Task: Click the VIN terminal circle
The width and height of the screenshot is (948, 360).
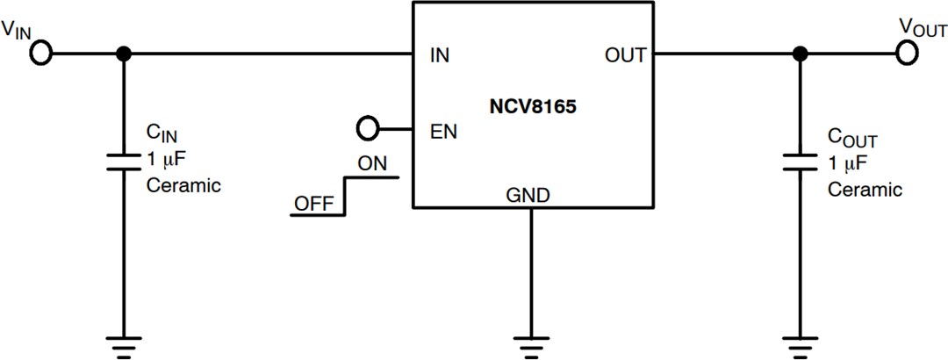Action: [x=40, y=54]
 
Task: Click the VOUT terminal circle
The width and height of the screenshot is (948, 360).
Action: [x=908, y=54]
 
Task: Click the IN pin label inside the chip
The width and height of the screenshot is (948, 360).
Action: [x=440, y=55]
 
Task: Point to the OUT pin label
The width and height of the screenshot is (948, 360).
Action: [x=625, y=55]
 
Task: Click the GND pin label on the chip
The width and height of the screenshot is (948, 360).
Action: [x=528, y=196]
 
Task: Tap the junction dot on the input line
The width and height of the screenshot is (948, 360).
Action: [x=124, y=54]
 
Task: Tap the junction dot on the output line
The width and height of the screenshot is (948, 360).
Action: [x=799, y=54]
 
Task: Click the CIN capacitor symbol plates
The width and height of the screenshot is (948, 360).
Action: [x=124, y=162]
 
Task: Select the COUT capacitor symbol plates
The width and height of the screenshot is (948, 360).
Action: [x=799, y=162]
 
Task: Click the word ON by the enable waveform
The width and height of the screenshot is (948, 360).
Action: [x=372, y=163]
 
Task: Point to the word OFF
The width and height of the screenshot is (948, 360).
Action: [x=313, y=203]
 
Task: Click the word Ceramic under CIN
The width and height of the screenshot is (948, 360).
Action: [x=183, y=185]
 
